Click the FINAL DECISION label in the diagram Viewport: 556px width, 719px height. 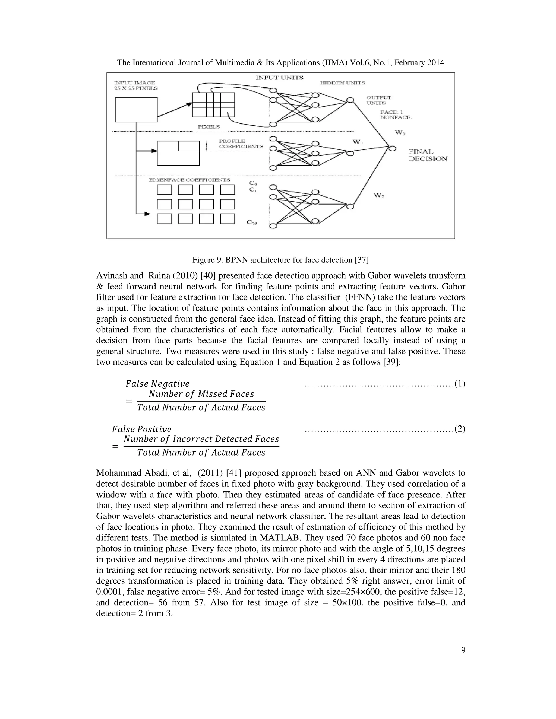(428, 155)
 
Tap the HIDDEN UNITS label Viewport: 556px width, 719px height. (343, 83)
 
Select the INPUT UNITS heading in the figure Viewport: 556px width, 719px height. (279, 78)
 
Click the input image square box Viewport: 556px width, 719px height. (136, 110)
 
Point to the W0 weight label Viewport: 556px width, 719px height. (400, 133)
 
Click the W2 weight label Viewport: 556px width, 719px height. (379, 196)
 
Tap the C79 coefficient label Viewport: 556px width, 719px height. (252, 223)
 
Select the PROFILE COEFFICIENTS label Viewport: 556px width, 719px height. (241, 144)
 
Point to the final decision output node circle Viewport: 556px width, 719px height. (392, 148)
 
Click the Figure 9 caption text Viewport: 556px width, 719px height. (280, 260)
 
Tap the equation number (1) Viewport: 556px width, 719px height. (460, 384)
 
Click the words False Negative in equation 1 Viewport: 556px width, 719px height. (157, 384)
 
